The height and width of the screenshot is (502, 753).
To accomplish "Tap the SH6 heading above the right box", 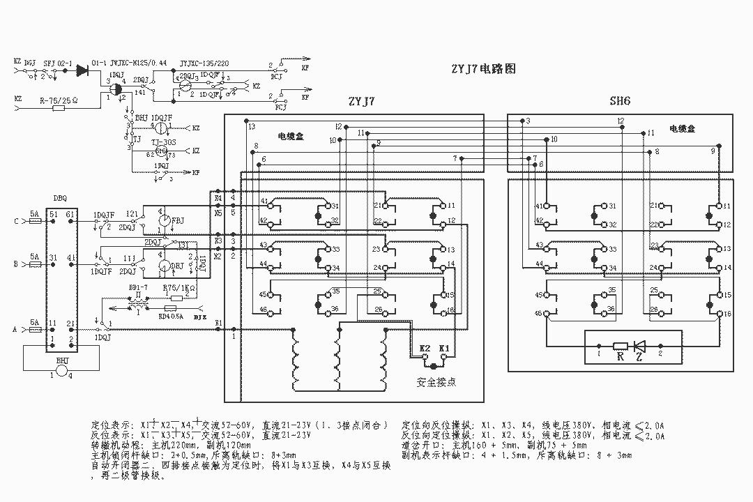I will (620, 101).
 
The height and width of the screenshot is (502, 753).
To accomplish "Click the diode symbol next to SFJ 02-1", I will (83, 69).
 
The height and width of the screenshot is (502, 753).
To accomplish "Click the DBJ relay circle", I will (162, 266).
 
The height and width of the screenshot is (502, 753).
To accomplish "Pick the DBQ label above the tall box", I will (60, 198).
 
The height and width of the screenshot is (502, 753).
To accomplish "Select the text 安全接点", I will (436, 382).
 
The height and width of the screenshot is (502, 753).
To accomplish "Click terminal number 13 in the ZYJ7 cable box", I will (251, 126).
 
